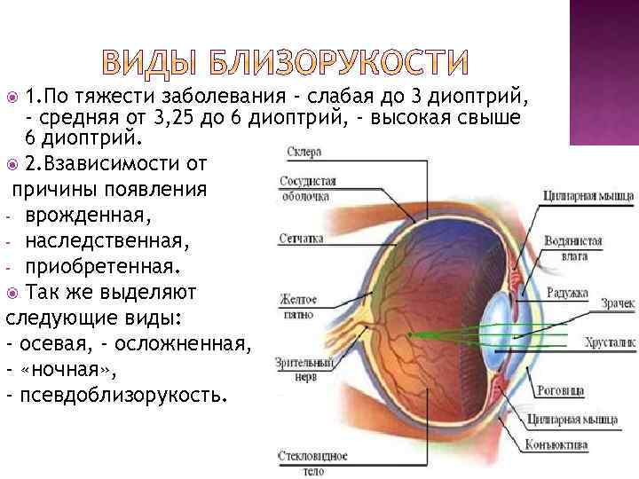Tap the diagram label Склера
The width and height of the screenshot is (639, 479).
pyautogui.click(x=304, y=153)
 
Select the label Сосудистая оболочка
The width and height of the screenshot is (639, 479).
pyautogui.click(x=307, y=189)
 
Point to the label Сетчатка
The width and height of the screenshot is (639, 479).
pyautogui.click(x=301, y=238)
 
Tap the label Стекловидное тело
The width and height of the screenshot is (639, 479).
pyautogui.click(x=311, y=464)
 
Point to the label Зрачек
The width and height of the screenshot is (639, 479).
pyautogui.click(x=616, y=304)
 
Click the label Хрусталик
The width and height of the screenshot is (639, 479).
pyautogui.click(x=610, y=341)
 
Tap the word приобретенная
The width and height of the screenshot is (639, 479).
pyautogui.click(x=102, y=265)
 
